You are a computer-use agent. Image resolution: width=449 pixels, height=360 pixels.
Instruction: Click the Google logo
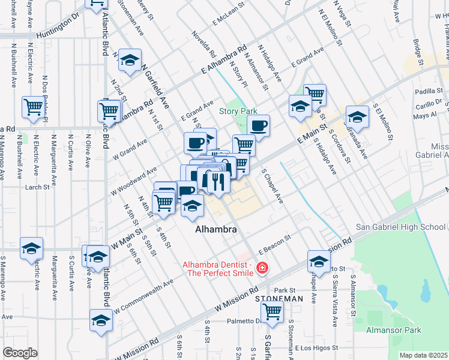click(20, 353)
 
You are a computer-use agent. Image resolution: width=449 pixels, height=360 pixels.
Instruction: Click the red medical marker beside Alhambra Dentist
click(262, 268)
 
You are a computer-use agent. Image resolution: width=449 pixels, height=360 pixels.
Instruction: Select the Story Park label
click(238, 111)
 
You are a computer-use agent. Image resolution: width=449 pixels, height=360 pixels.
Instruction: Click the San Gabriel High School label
click(400, 227)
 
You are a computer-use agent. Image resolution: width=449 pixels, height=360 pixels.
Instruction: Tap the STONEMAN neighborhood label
click(279, 298)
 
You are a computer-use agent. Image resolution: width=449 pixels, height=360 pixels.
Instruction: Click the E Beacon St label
click(275, 243)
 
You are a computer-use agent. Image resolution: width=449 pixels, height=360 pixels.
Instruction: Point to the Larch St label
click(38, 187)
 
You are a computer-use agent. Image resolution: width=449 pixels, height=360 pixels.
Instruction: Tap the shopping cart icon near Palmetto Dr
click(272, 311)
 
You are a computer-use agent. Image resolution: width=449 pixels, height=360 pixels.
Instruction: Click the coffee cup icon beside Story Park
click(258, 125)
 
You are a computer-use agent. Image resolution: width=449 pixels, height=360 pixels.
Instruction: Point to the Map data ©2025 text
click(423, 355)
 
